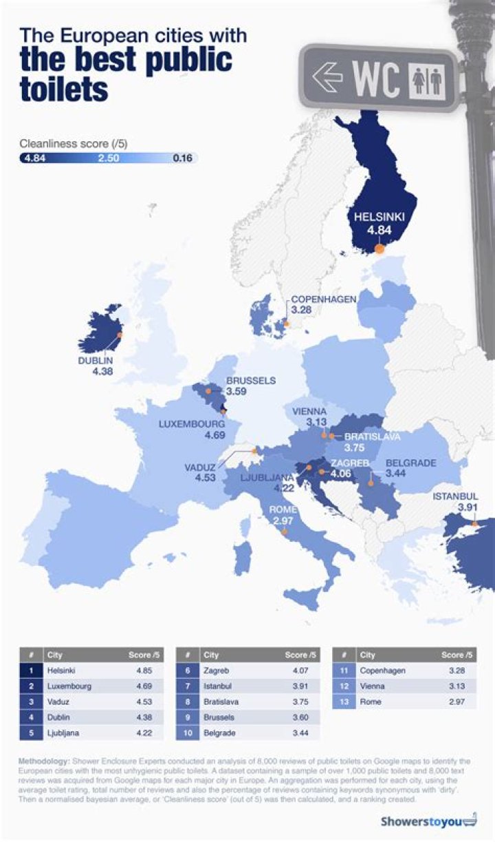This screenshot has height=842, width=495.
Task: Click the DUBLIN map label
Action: [x=96, y=360]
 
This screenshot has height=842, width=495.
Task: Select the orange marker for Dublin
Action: [x=120, y=334]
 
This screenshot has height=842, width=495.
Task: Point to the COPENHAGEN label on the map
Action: [x=323, y=299]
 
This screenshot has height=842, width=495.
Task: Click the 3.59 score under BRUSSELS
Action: [x=237, y=392]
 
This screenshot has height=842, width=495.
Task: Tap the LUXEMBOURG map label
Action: [x=192, y=424]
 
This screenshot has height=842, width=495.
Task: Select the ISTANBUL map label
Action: [x=455, y=496]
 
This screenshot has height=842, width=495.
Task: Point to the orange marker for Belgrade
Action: [x=371, y=483]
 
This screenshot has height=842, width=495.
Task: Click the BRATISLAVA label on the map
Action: [x=372, y=436]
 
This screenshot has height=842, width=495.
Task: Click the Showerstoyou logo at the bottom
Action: [x=428, y=821]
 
